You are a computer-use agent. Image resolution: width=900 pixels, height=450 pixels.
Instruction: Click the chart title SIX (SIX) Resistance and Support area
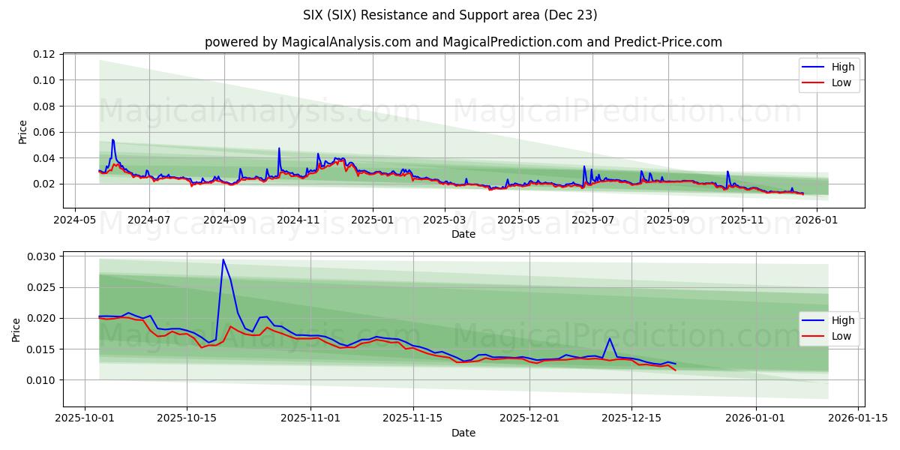450,15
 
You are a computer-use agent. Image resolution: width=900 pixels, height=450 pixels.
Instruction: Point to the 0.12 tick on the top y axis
43,54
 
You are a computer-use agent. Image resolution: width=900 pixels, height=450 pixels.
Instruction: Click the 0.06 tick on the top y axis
43,132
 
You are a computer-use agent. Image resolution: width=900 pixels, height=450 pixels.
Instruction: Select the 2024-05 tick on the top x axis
74,220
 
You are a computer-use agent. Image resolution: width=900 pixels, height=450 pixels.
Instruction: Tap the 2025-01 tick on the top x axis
372,220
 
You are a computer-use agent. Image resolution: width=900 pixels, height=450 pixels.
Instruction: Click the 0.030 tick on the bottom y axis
40,256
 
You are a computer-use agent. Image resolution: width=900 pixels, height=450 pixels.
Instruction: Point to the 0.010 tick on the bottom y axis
40,380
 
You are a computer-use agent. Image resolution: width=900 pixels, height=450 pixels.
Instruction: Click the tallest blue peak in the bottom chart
223,259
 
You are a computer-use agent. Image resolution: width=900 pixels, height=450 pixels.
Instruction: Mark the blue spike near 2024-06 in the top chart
112,139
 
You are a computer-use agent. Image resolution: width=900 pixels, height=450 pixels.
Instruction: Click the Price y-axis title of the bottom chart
16,329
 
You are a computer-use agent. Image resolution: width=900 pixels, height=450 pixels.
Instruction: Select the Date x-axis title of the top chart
463,234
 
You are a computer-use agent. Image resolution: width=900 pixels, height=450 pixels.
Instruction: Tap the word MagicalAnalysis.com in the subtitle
346,42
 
